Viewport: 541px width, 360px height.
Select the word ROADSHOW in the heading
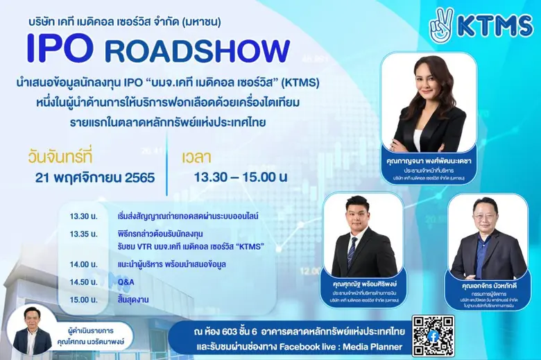(x=196, y=51)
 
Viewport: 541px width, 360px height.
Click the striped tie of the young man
(x=352, y=250)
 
